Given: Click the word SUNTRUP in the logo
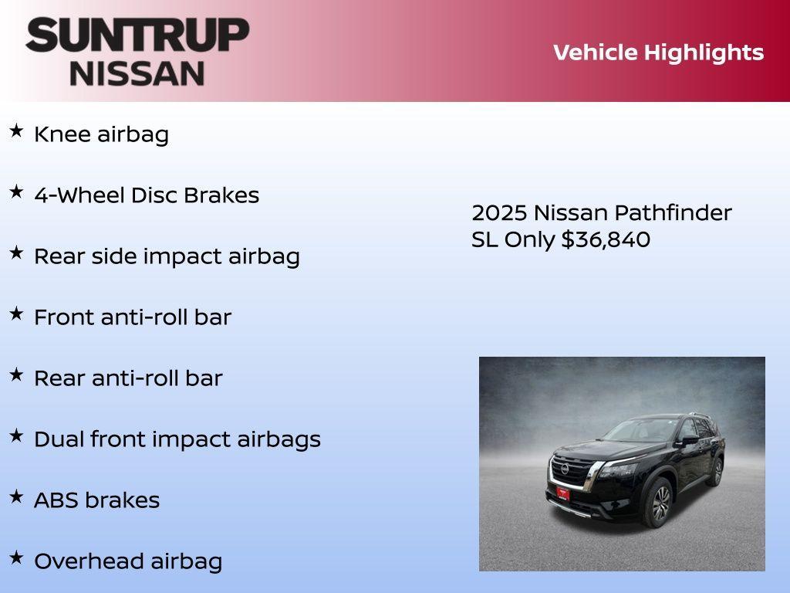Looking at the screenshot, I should (x=137, y=35).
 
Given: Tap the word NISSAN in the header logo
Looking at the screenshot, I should (x=137, y=73).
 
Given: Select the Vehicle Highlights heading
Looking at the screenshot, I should (x=658, y=53).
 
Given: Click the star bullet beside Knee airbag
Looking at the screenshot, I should (x=16, y=131).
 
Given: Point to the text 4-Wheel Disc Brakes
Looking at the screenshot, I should (x=147, y=195).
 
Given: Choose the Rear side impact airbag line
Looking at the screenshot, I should (x=167, y=256).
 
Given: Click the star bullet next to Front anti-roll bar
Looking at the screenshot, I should (x=16, y=313).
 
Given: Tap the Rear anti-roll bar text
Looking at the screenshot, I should (x=128, y=378).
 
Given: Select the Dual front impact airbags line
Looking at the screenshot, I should (x=177, y=439).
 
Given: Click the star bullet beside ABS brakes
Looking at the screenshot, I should (x=16, y=496).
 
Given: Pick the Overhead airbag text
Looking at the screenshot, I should (x=128, y=561).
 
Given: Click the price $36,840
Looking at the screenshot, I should (x=606, y=239).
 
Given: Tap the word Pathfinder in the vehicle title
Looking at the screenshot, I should (x=670, y=212).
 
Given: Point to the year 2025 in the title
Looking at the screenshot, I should (x=498, y=212).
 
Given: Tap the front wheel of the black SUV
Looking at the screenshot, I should (x=660, y=503).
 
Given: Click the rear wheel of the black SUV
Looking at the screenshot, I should (x=717, y=471).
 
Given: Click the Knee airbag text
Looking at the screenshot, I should (x=101, y=134).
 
